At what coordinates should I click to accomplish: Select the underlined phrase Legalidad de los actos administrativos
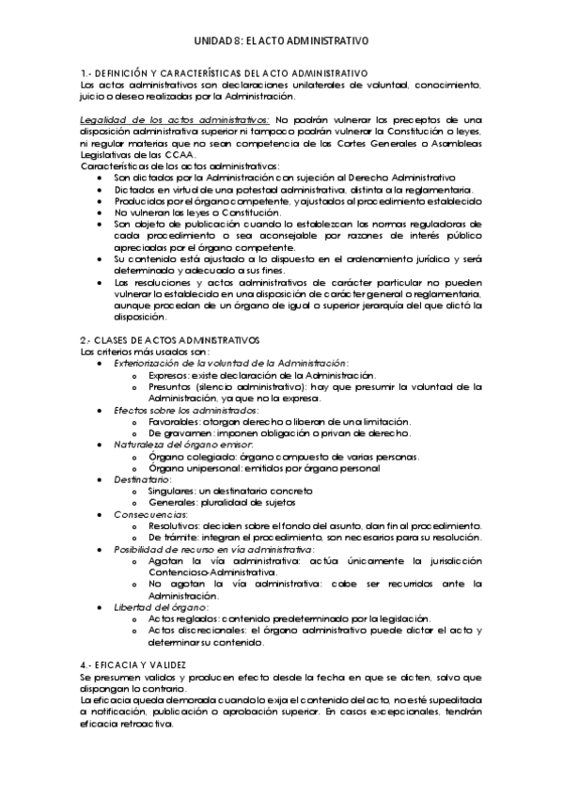point(174,119)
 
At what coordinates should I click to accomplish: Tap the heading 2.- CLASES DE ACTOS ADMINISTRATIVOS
point(169,338)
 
